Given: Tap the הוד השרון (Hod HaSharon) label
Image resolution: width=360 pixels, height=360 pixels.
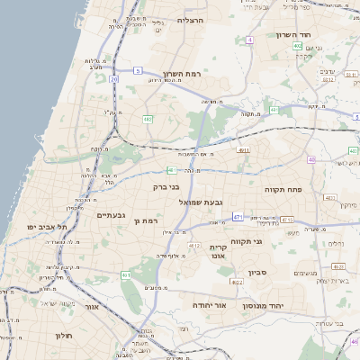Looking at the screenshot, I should [x=292, y=34].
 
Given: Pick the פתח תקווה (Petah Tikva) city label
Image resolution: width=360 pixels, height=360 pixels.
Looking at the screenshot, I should [x=282, y=190].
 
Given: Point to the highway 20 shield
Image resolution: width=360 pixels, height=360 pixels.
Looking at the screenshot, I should [x=114, y=80].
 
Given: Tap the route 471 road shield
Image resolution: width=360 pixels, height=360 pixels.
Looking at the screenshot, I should [x=238, y=217].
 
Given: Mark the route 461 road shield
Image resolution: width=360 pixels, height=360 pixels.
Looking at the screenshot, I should [x=126, y=274].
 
